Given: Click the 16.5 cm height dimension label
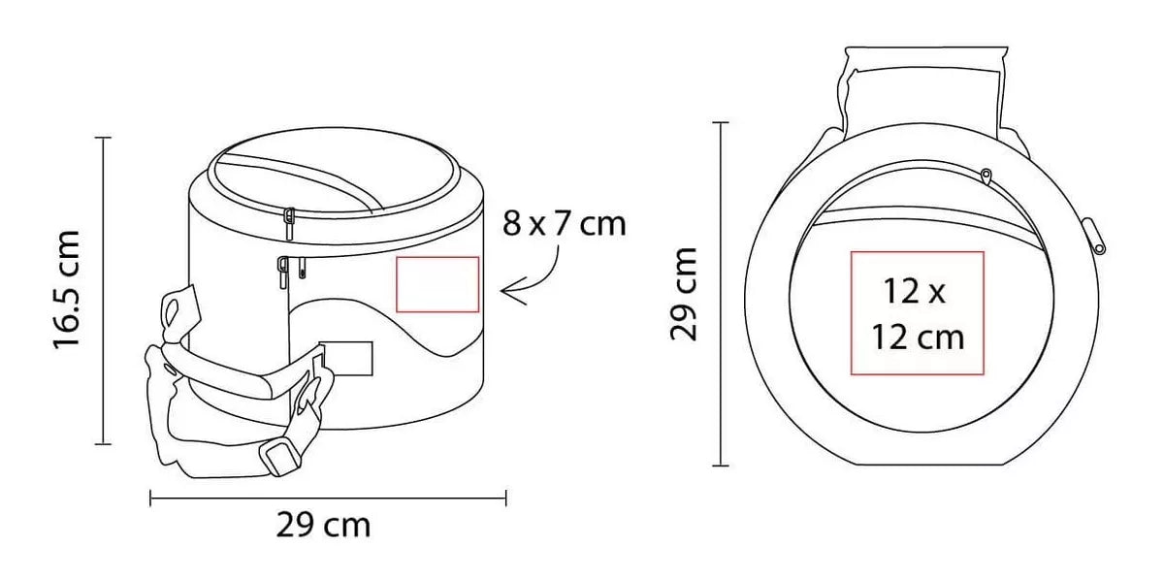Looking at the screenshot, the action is click(x=67, y=289).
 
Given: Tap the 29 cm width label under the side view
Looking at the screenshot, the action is click(x=323, y=525).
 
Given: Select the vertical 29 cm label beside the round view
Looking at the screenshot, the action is click(x=683, y=294).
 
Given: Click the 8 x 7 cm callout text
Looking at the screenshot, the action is click(x=564, y=224).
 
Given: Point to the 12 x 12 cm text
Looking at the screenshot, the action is click(x=918, y=314).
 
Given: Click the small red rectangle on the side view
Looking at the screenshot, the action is click(x=437, y=284).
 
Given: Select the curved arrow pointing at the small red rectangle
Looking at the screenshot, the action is click(x=530, y=278).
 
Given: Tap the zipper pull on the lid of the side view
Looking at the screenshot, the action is click(x=289, y=224).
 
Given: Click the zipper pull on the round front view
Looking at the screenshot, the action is click(x=986, y=177).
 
